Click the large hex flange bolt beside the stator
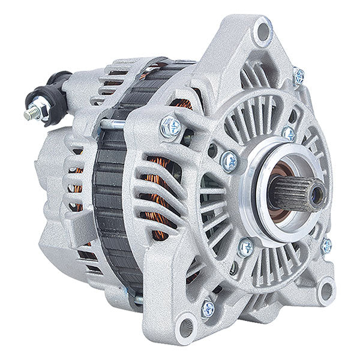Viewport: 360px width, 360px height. pyautogui.click(x=170, y=126)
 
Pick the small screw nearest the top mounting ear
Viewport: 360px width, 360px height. pyautogui.click(x=298, y=76)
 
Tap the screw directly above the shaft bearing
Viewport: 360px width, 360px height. pyautogui.click(x=289, y=133)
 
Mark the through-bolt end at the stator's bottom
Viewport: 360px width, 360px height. pyautogui.click(x=134, y=293)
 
